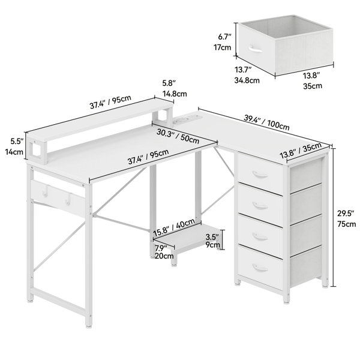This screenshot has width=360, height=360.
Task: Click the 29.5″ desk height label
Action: point(346,214)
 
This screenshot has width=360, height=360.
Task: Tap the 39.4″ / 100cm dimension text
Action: point(266,122)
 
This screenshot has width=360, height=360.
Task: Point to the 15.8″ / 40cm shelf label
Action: point(174,227)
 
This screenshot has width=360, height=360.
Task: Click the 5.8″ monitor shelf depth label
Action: point(169,83)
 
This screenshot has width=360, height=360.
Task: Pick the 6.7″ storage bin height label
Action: point(224,37)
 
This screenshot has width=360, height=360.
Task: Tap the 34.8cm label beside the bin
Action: point(247,80)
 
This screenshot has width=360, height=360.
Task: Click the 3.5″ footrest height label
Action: point(212,236)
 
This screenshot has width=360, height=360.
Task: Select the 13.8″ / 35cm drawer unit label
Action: point(301,151)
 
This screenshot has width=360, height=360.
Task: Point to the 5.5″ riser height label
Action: point(17,142)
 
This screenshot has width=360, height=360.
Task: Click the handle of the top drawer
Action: point(260,175)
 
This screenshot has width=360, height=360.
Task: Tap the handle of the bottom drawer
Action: point(260,268)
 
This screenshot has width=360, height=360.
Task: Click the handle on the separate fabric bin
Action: point(255,49)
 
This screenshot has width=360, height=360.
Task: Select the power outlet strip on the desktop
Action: point(187,119)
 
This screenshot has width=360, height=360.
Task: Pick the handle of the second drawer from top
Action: point(260,206)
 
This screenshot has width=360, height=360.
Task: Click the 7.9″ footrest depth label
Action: point(161,248)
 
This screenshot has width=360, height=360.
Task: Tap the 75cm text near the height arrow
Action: point(346,224)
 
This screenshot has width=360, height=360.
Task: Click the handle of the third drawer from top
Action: point(260,236)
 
